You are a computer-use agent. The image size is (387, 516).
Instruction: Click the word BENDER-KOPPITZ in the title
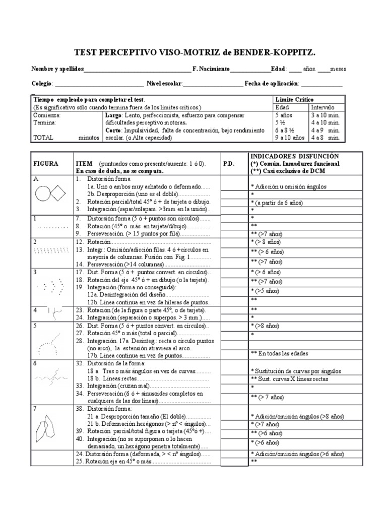click(x=281, y=52)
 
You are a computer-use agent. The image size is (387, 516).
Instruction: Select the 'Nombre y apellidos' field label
click(x=57, y=69)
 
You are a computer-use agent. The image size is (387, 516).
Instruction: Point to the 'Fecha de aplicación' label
click(x=272, y=84)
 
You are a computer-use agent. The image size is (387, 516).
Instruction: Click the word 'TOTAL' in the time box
click(x=43, y=137)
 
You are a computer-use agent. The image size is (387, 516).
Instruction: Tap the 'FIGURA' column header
click(x=46, y=164)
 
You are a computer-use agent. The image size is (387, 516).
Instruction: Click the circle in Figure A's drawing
click(x=42, y=194)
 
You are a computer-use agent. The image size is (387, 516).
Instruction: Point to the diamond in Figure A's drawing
click(x=58, y=194)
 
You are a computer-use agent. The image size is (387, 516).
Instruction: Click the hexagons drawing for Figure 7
click(x=47, y=427)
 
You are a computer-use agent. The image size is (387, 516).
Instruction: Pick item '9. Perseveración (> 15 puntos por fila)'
click(x=134, y=234)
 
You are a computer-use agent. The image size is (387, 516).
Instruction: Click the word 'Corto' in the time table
click(x=113, y=130)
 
